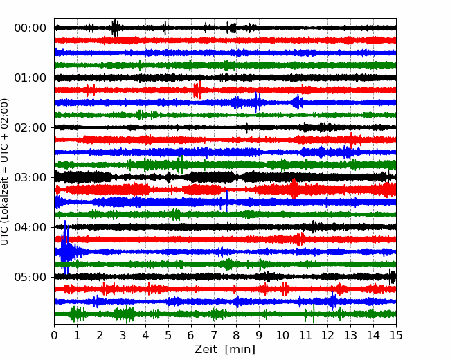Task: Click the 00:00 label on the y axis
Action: click(30, 28)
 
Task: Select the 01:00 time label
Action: click(30, 78)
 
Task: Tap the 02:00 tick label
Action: click(30, 127)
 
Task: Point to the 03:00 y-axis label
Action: click(30, 177)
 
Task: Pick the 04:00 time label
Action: click(30, 227)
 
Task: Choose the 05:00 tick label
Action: click(30, 277)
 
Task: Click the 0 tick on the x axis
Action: click(54, 335)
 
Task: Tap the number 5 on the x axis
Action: click(168, 335)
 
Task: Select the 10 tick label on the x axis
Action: click(282, 335)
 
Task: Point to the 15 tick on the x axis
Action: click(396, 335)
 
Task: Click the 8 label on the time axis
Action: click(237, 335)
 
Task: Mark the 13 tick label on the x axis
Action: click(350, 335)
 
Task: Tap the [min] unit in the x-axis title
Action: click(240, 350)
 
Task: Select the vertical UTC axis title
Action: click(4, 172)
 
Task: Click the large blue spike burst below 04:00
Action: click(66, 249)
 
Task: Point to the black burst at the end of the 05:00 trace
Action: click(393, 277)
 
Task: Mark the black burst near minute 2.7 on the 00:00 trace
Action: click(116, 28)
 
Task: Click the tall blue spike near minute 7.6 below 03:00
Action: click(226, 201)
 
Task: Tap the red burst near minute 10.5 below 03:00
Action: click(294, 188)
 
